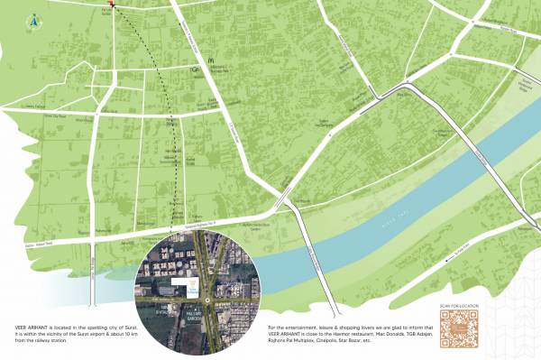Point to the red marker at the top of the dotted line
pyautogui.click(x=111, y=5)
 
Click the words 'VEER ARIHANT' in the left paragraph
pyautogui.click(x=30, y=326)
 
